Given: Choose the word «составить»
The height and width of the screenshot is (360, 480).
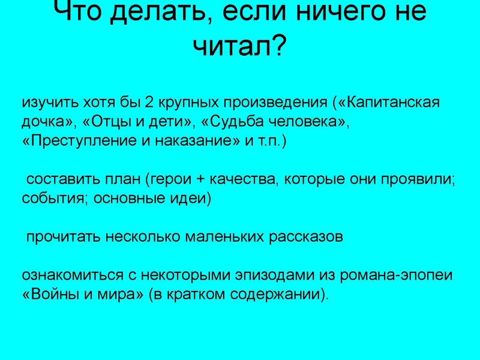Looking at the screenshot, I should (58, 179).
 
